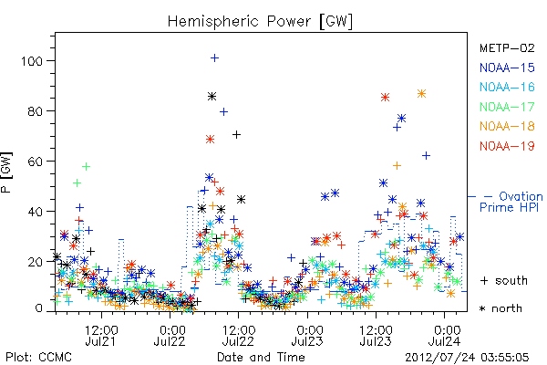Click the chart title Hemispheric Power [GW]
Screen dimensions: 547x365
(x=260, y=21)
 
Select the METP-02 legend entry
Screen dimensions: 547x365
(x=507, y=47)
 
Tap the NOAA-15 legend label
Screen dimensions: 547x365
(x=507, y=68)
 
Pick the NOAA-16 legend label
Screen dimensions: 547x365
(x=507, y=87)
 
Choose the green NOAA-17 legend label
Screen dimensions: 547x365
(x=507, y=107)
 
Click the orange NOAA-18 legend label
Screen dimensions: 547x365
(x=507, y=126)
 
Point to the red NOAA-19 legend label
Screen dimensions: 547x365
(x=507, y=146)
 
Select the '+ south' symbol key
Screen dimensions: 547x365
(x=504, y=280)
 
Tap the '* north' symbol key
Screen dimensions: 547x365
(x=501, y=308)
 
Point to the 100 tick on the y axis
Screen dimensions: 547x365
(x=32, y=61)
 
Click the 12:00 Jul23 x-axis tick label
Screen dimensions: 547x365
(x=376, y=336)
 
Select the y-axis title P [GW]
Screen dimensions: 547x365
(x=6, y=172)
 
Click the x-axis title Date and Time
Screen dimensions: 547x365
(x=261, y=358)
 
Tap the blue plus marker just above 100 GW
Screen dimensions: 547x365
(x=215, y=58)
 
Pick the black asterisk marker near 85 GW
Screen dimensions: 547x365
(x=212, y=97)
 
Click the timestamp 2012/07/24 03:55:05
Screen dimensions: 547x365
(x=467, y=358)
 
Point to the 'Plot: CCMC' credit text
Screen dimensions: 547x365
(x=38, y=358)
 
